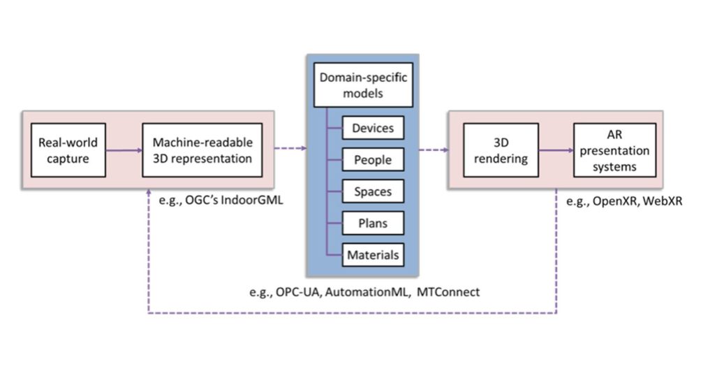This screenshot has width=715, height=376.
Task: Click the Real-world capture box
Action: [68, 150]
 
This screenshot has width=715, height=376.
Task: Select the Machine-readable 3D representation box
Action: [202, 150]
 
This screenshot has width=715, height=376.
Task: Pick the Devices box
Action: [373, 128]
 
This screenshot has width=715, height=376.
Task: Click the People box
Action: [373, 160]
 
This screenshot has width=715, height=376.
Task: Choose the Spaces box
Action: [373, 191]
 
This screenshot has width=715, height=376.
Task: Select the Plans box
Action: [373, 224]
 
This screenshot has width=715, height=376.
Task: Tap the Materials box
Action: [373, 255]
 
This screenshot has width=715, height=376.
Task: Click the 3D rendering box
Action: [501, 150]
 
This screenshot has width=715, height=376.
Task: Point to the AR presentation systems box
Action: [614, 150]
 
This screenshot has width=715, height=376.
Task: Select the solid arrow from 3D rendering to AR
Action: [555, 150]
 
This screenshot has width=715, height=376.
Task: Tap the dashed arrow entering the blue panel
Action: [290, 148]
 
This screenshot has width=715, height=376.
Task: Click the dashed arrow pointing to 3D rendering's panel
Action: [433, 148]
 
